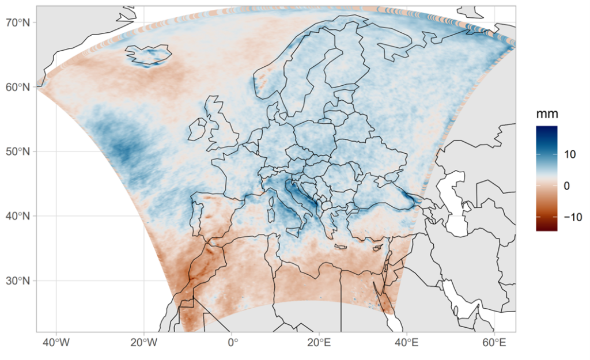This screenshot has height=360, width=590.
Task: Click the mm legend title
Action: tap(547, 113)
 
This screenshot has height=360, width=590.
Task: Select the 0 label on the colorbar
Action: tap(567, 186)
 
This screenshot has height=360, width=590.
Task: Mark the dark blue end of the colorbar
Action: tap(546, 129)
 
